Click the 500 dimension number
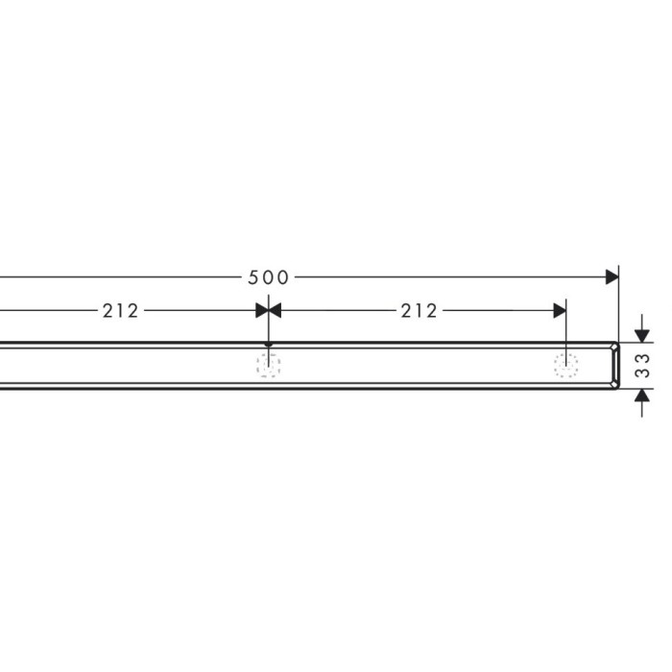pos(268,277)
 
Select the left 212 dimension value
pos(120,310)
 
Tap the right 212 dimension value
pos(419,310)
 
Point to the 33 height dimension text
pos(644,365)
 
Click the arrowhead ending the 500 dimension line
pos(611,277)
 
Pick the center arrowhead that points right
pos(261,310)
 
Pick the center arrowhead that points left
pos(275,310)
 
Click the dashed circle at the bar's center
pos(268,365)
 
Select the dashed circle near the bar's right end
pos(566,365)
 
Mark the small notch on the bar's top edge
pos(269,345)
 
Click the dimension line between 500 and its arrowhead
pos(451,277)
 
